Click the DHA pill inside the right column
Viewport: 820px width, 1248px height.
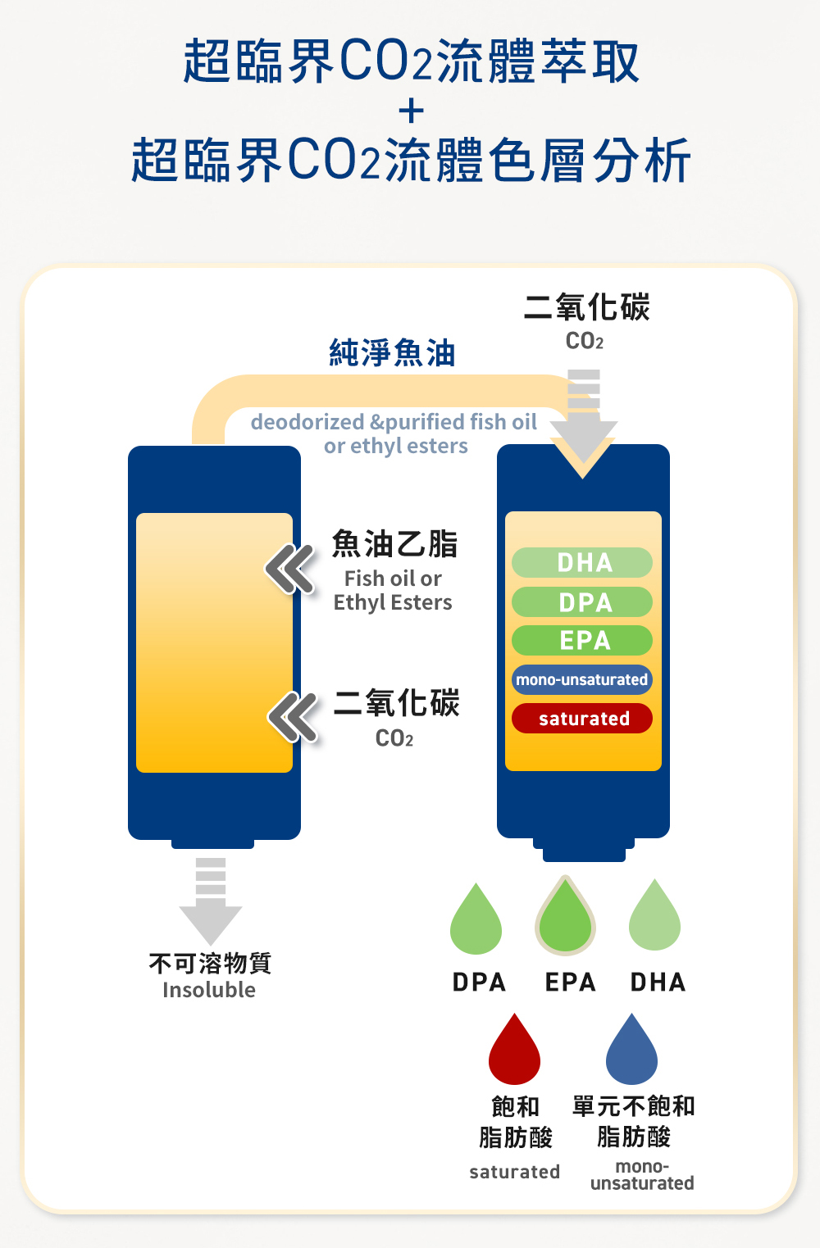click(x=582, y=563)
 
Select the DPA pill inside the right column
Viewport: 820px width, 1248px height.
click(x=582, y=602)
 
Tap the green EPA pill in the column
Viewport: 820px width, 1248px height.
click(x=582, y=640)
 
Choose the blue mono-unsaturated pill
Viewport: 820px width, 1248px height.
click(x=582, y=679)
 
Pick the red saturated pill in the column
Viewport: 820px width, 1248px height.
click(x=582, y=719)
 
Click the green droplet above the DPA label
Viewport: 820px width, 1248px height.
click(x=476, y=922)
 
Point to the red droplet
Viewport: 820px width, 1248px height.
click(x=514, y=1053)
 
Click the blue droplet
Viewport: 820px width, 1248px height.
click(x=631, y=1053)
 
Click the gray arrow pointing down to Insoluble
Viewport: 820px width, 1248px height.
click(x=211, y=901)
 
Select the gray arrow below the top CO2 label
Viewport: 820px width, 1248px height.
click(x=583, y=418)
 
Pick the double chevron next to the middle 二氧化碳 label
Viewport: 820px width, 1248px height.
click(x=293, y=716)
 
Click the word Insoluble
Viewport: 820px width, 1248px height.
click(x=209, y=990)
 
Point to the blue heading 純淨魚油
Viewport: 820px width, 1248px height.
click(x=392, y=352)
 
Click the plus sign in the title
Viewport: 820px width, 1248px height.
click(x=411, y=111)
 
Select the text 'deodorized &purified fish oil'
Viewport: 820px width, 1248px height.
click(x=394, y=422)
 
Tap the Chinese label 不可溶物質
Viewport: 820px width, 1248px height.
click(x=210, y=963)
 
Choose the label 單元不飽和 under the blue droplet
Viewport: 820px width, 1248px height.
click(x=633, y=1106)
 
